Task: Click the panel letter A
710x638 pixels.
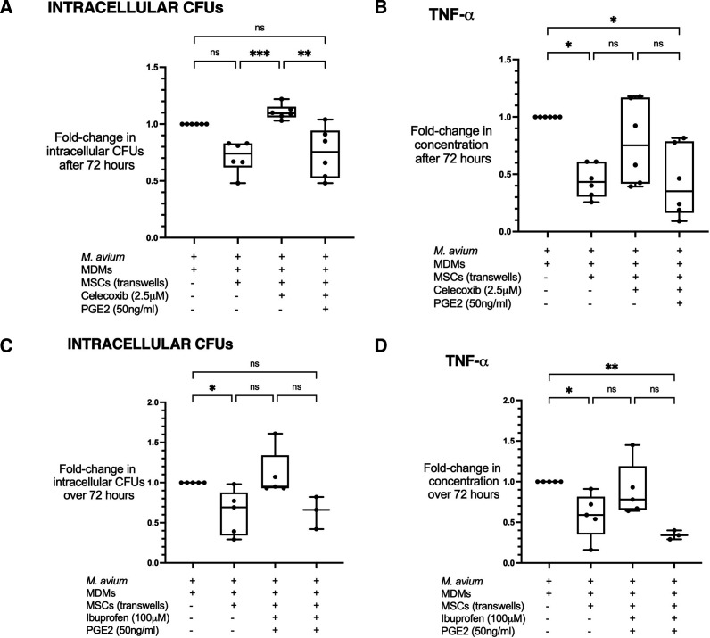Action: (x=6, y=7)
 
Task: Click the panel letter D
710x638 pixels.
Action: (x=381, y=345)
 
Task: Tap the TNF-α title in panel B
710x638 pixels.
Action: (x=451, y=15)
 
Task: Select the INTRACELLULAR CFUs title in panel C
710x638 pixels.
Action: (x=150, y=344)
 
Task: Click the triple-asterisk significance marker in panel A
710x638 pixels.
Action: (x=260, y=54)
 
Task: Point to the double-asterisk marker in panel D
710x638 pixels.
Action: (x=612, y=367)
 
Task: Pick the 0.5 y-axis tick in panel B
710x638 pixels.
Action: (x=506, y=175)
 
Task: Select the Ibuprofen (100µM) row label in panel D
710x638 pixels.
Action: (x=483, y=618)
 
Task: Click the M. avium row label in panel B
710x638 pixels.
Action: (x=456, y=251)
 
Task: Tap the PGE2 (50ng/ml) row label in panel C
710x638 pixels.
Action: (x=122, y=630)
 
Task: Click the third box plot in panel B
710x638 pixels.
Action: (x=635, y=141)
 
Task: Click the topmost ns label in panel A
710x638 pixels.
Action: (x=260, y=28)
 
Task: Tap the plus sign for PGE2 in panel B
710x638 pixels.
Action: (x=679, y=303)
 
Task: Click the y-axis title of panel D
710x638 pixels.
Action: (x=463, y=481)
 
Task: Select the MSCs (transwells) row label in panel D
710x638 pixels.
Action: (x=483, y=606)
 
